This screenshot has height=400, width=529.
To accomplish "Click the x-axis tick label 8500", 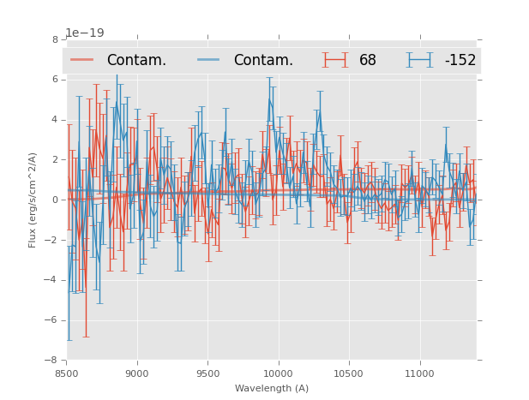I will (67, 373).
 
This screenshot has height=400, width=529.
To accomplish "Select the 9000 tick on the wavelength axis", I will (137, 373).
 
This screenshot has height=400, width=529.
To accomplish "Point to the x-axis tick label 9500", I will (207, 373).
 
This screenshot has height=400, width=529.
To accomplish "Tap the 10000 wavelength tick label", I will (278, 373).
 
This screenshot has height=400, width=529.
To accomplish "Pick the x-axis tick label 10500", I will (349, 373).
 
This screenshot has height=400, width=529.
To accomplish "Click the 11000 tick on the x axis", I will (419, 373).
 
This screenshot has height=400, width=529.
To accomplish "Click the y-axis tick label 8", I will (56, 39).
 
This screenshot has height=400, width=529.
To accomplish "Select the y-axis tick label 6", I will (56, 80).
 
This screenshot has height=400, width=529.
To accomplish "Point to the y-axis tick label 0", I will (56, 200).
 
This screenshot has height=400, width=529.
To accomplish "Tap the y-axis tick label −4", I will (53, 280).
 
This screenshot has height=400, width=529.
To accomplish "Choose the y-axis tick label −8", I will (53, 360).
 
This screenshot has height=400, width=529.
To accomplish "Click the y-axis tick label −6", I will (53, 320).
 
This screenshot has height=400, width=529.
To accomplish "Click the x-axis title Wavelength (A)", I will (272, 388).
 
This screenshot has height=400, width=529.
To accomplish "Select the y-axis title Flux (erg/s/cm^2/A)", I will (33, 200).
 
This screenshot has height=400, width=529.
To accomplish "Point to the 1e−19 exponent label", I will (85, 33).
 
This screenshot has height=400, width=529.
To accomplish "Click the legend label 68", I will (368, 61).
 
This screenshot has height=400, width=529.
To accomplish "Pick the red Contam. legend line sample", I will (82, 60).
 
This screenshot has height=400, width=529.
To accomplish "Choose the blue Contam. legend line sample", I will (209, 60).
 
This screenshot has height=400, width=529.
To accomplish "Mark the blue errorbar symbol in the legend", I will (419, 60).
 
